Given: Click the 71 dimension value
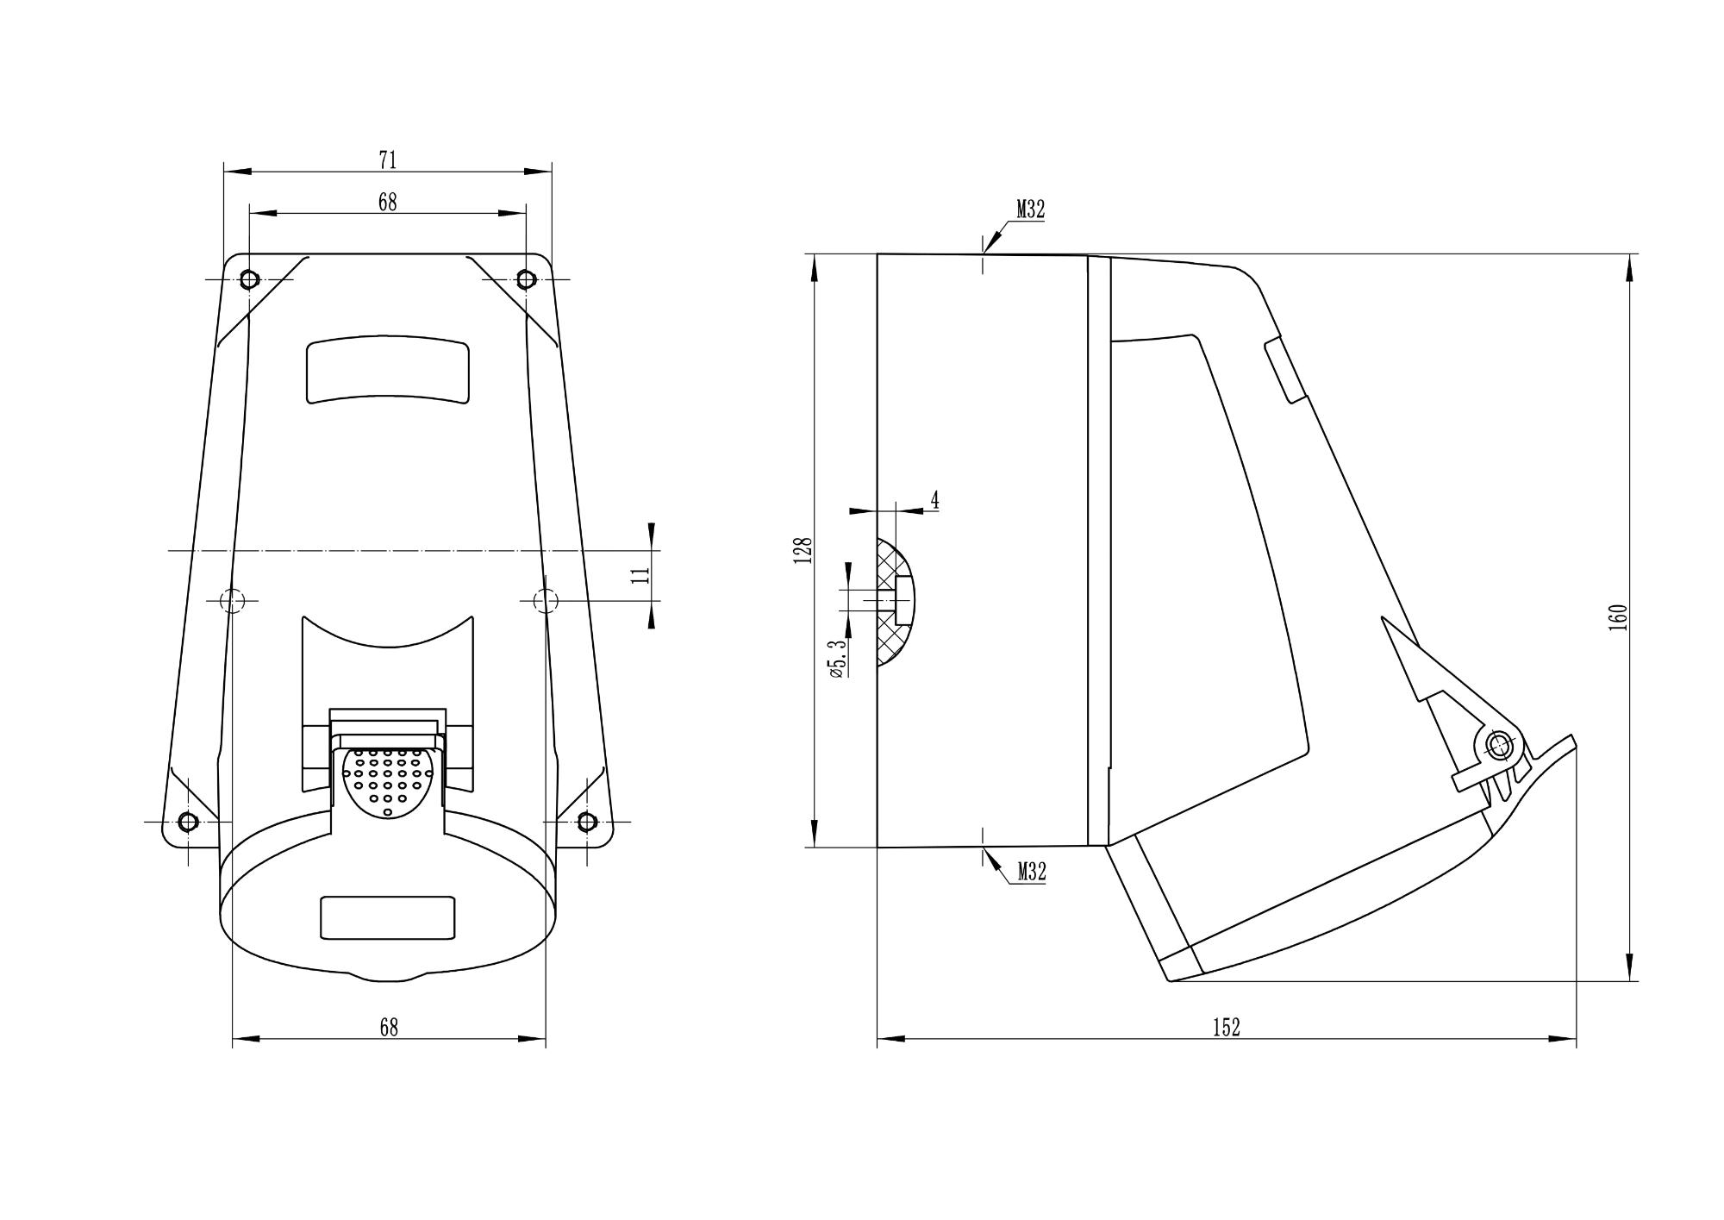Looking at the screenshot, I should [x=388, y=160].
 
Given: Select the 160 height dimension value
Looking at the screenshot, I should [x=1618, y=617].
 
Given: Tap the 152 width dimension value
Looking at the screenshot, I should [x=1226, y=1027].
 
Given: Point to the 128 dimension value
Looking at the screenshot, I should [x=803, y=550].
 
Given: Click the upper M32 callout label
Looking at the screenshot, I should [x=1030, y=210].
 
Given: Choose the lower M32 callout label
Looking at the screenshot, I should [x=1031, y=872].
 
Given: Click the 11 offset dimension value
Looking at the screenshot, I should [x=640, y=576].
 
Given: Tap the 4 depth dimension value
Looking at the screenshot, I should [x=934, y=499].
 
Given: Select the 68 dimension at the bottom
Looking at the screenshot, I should [x=389, y=1027].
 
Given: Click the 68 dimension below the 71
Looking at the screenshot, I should [x=388, y=202].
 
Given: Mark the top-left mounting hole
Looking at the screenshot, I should [x=249, y=279].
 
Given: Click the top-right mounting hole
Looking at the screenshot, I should [x=526, y=279].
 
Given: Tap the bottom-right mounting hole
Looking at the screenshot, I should [x=587, y=821].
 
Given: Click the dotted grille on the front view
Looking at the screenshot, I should [x=388, y=781].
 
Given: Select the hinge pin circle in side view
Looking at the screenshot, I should [x=1500, y=745].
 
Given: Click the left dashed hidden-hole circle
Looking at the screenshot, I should [x=233, y=600].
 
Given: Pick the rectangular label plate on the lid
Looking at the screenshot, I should [x=388, y=917].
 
